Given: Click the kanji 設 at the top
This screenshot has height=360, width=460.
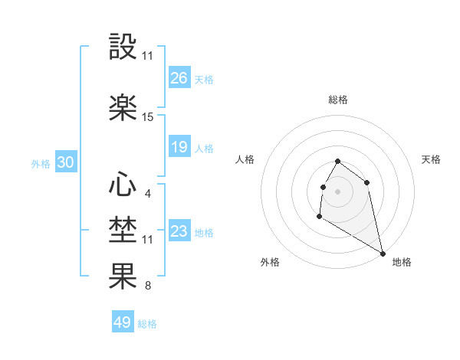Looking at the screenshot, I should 123,47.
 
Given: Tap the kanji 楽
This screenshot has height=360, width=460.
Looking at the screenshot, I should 123,107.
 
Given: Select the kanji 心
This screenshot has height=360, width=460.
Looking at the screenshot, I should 123,185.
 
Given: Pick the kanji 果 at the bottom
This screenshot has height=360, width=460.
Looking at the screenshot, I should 123,276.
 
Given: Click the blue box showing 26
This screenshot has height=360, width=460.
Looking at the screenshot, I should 179,78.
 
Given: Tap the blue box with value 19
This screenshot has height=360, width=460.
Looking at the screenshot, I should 179,147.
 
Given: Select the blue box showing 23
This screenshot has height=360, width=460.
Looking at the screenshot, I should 179,231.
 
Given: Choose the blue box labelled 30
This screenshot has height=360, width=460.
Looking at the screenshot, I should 65,162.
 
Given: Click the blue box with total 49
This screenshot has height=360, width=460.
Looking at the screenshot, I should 123,322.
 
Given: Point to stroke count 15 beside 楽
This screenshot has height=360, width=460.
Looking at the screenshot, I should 148,117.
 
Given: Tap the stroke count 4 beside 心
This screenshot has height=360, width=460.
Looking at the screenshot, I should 147,193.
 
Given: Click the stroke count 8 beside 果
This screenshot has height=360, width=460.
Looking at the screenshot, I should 147,286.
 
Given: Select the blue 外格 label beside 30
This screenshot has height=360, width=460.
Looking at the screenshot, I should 41,163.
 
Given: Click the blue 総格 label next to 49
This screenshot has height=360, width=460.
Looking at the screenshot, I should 147,324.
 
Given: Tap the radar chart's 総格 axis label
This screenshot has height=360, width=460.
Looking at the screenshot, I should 338,100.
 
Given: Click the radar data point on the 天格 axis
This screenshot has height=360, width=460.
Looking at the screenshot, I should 367,182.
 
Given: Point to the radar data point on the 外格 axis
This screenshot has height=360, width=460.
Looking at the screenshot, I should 319,217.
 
